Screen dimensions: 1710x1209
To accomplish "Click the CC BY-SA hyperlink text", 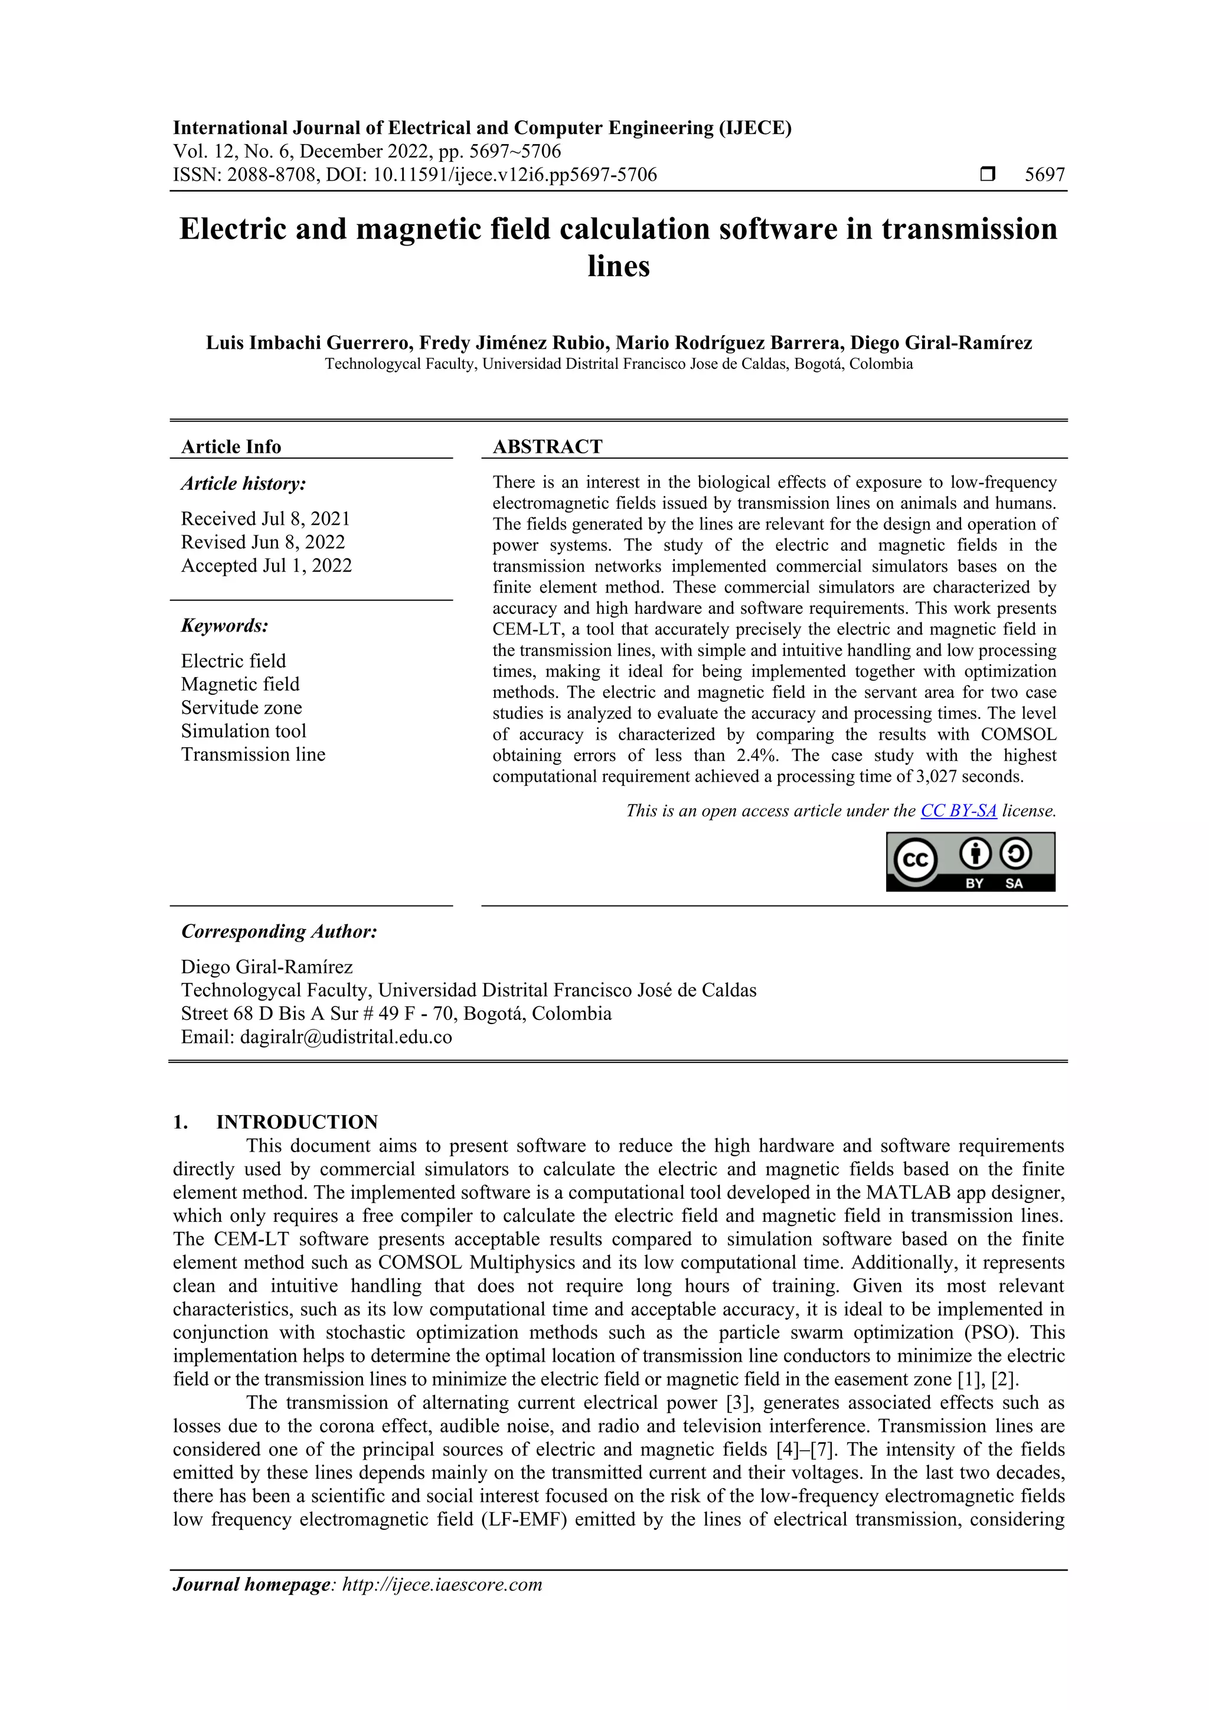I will click(958, 811).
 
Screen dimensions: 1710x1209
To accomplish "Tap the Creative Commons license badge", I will click(970, 861).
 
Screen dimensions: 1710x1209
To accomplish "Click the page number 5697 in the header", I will click(1044, 175).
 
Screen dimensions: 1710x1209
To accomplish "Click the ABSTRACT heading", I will click(547, 447).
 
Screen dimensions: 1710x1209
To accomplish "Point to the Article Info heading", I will click(231, 447).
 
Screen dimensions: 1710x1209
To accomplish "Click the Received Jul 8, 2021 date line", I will click(265, 519).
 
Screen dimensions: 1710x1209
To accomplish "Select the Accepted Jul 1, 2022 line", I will click(266, 566).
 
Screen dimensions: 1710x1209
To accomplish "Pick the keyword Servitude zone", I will click(241, 708).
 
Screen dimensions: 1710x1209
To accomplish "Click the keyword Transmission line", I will click(253, 754).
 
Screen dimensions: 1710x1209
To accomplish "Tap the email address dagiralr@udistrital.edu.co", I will click(346, 1037).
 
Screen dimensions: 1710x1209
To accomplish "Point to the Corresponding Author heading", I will click(279, 931).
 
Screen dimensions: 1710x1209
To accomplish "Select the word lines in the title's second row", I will click(618, 266).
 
